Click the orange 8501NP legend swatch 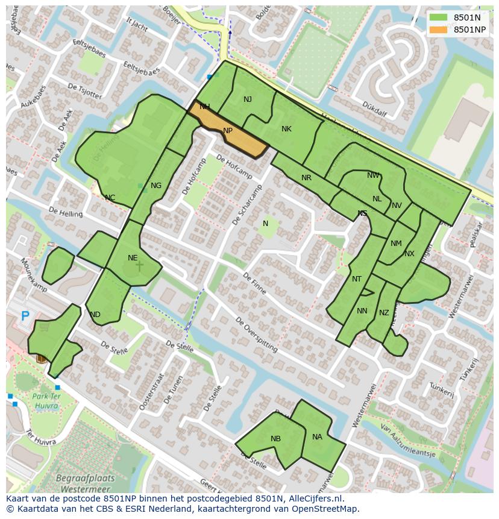click(438, 30)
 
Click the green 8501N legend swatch click(438, 17)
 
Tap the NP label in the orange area click(228, 131)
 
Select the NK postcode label click(286, 129)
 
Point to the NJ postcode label click(248, 99)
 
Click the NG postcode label click(156, 186)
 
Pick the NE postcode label click(133, 258)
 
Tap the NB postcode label click(275, 439)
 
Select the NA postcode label click(317, 437)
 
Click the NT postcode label click(357, 279)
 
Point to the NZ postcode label click(384, 313)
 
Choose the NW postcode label click(373, 175)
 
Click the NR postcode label click(306, 178)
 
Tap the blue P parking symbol click(25, 316)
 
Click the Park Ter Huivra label click(37, 401)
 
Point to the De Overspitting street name click(256, 335)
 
